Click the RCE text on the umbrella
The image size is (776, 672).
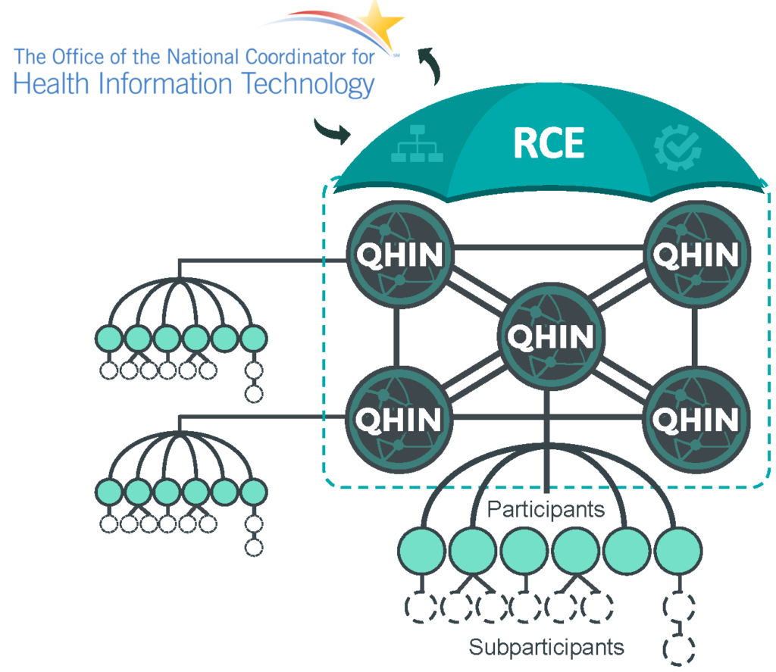(549, 143)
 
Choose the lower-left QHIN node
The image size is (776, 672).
(399, 418)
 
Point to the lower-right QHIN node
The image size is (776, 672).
(696, 418)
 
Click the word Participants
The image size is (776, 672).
(546, 509)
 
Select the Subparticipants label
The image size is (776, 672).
(546, 647)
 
